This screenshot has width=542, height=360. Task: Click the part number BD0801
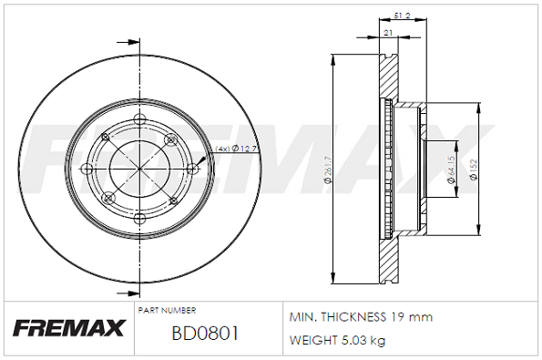point(205,334)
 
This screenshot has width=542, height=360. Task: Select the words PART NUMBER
point(167,311)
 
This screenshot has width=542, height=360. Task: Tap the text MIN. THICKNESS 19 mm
point(360,317)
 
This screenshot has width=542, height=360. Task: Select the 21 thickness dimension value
point(389,33)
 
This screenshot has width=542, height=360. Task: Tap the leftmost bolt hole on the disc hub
point(88,169)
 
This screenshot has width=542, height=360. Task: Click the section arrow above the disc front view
point(133,42)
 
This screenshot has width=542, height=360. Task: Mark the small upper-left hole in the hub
point(106,138)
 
